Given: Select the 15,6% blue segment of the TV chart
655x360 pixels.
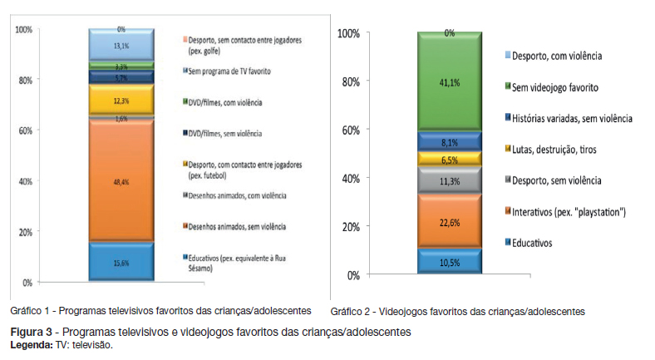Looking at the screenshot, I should (121, 263).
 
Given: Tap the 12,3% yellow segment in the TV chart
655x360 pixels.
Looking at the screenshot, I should (121, 101).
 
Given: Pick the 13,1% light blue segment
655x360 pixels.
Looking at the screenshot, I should (121, 47).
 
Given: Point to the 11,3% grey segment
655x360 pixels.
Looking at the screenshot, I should (449, 180).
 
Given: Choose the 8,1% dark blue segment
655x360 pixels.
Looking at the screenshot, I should (449, 141).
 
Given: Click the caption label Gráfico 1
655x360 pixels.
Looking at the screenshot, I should (31, 311).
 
